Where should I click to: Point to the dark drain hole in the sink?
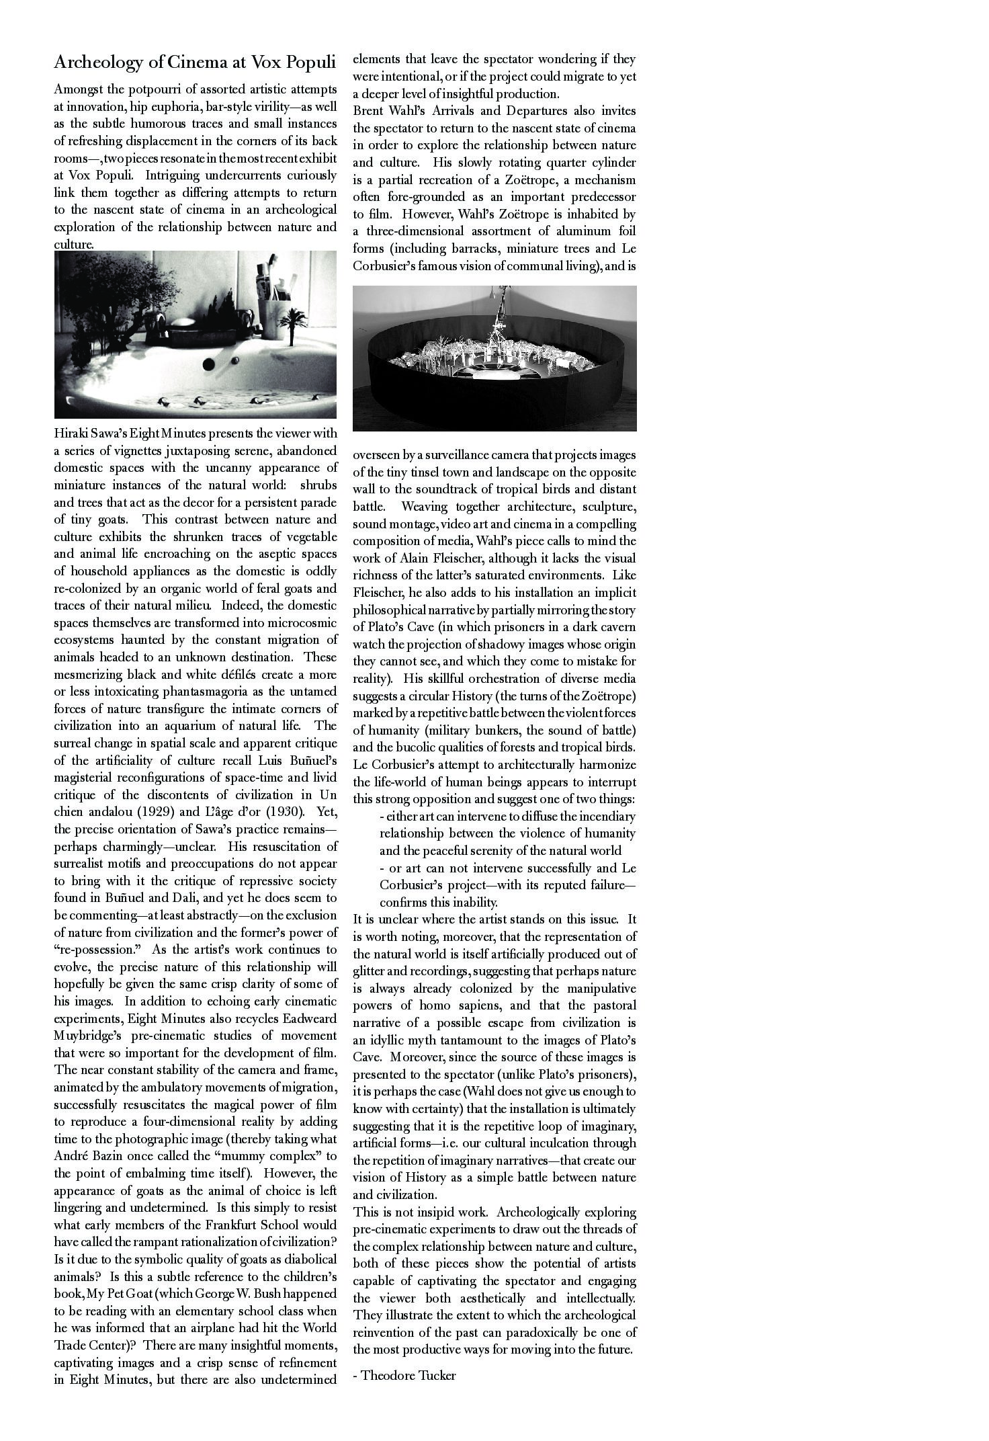(209, 364)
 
